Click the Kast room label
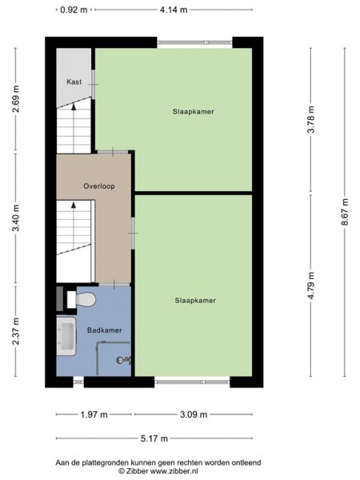click(74, 82)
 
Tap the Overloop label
click(99, 186)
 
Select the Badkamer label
click(104, 330)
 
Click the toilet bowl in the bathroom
click(86, 299)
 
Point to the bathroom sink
click(66, 336)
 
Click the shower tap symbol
click(123, 360)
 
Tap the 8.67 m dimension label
click(346, 212)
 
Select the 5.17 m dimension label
click(154, 438)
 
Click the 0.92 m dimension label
click(74, 10)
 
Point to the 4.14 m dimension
click(174, 10)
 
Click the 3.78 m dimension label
click(311, 119)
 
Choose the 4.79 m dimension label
click(311, 285)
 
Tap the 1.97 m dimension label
click(94, 414)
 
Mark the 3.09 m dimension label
click(194, 414)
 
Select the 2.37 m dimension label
click(16, 331)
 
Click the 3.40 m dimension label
click(16, 218)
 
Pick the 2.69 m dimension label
click(16, 99)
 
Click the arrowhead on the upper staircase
click(74, 106)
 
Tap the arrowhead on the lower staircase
click(74, 205)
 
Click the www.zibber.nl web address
click(174, 470)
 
